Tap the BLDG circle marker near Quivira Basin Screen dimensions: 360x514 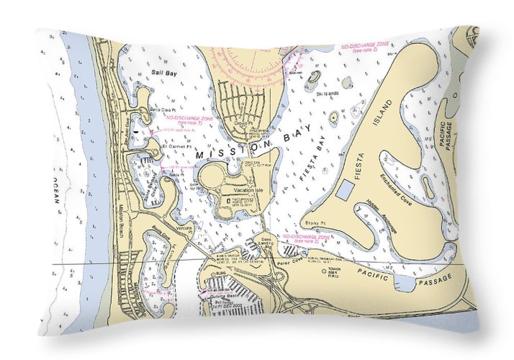pyautogui.click(x=213, y=274)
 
